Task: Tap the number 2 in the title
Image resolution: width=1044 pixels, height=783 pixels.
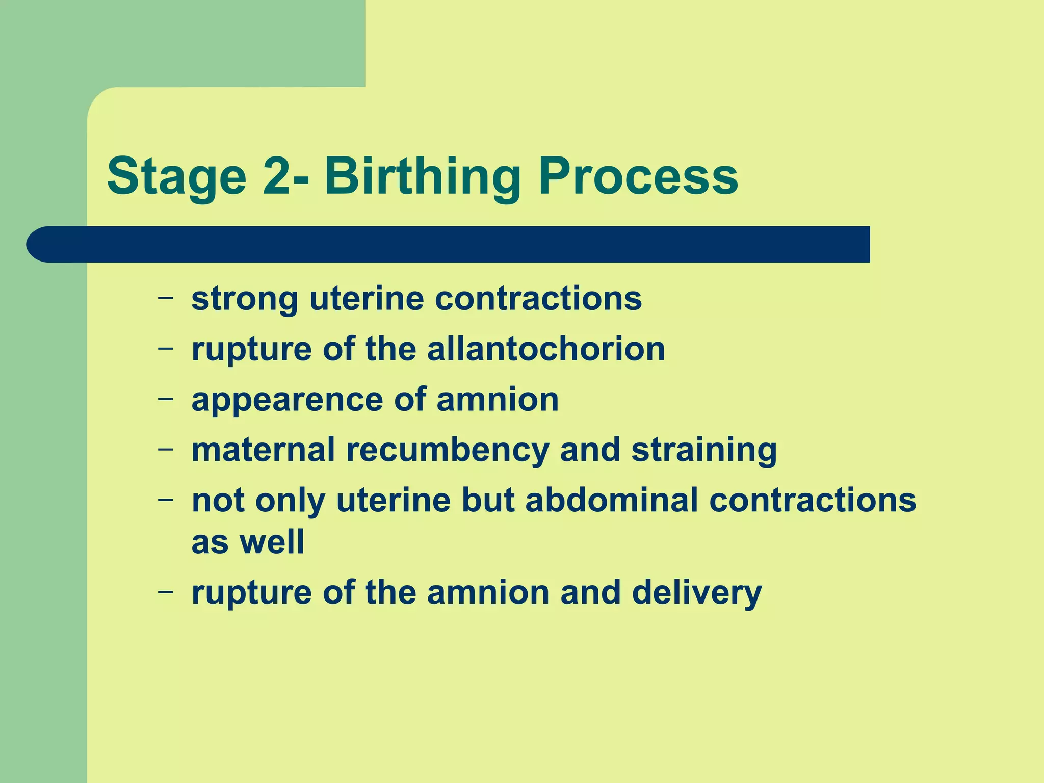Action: pos(278,177)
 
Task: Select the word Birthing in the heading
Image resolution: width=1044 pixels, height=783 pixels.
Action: pos(422,177)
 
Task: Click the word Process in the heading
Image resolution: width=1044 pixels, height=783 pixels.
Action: pos(638,177)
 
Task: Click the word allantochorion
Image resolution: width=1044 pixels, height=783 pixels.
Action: pos(546,349)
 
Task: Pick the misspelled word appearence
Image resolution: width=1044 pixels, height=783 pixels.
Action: pos(287,400)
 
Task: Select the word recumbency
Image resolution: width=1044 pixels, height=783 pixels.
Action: pos(448,450)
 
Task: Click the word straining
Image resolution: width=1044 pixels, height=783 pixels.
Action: pos(704,450)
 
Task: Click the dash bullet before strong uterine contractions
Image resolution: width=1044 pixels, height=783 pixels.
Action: pos(165,297)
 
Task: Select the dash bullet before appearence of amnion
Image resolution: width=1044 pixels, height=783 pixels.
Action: pos(165,398)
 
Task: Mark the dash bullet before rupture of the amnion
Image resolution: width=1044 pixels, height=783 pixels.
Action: pos(165,591)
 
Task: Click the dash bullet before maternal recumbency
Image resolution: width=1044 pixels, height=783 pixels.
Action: pos(165,449)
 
